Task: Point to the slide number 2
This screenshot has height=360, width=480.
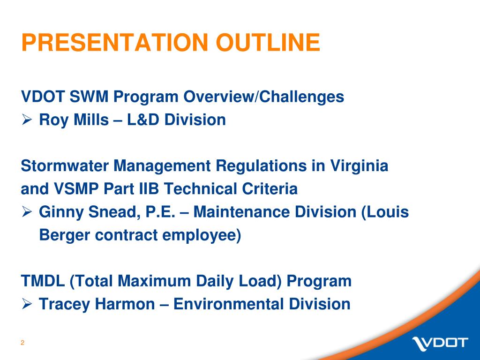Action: pyautogui.click(x=22, y=343)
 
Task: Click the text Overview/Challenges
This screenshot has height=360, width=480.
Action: pyautogui.click(x=263, y=97)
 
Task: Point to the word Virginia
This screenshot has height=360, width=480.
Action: pyautogui.click(x=360, y=166)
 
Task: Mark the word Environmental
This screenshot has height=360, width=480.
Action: pyautogui.click(x=228, y=304)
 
